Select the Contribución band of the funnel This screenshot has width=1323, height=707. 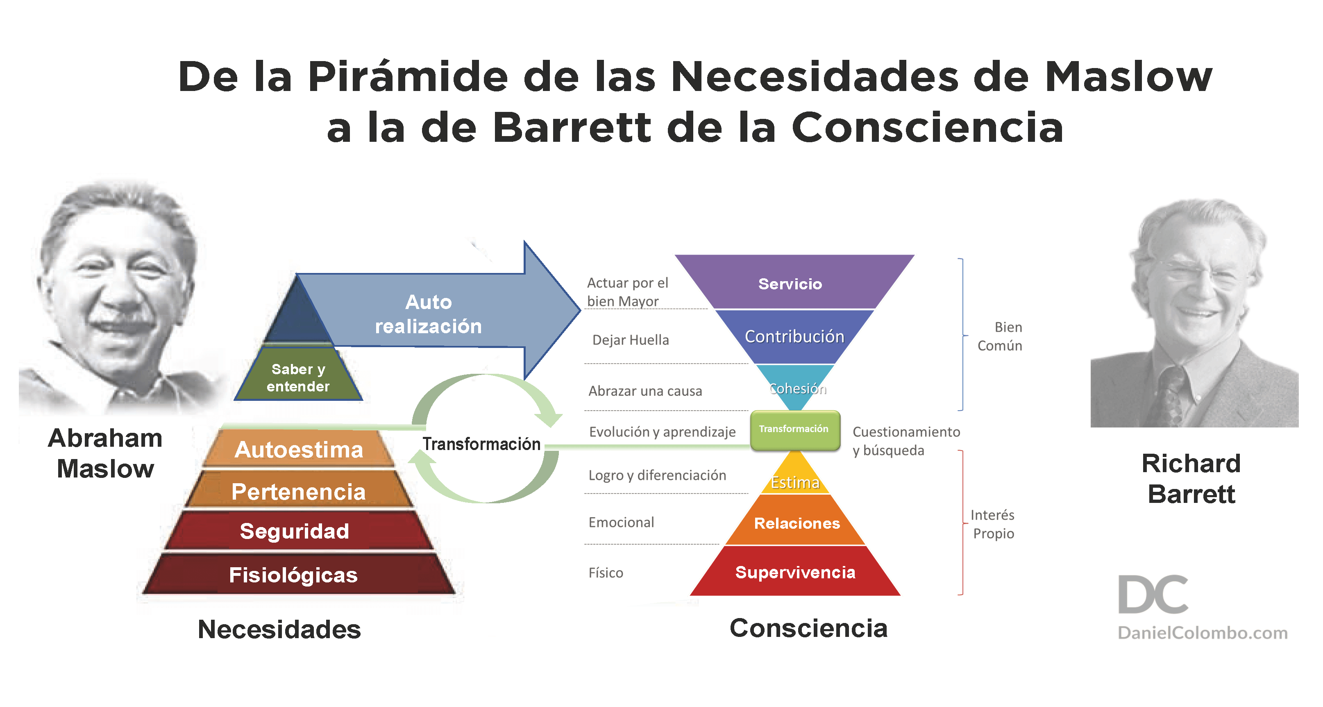(x=794, y=336)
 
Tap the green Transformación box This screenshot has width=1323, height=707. (x=794, y=430)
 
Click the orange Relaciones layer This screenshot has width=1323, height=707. (x=797, y=523)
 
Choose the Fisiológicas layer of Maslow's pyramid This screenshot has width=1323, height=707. (x=293, y=575)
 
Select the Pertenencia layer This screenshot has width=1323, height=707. (x=298, y=492)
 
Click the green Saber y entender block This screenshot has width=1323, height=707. (x=298, y=377)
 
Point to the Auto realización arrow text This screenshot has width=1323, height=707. (x=428, y=314)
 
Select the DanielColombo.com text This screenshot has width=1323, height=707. (x=1202, y=633)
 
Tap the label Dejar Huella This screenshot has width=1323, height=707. (x=631, y=340)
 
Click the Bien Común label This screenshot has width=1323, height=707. (x=1000, y=336)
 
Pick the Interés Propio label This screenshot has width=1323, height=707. (x=993, y=524)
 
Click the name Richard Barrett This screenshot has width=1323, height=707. (x=1191, y=479)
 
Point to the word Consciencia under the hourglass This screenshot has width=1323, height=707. (x=808, y=628)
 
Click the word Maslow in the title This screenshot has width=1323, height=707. (x=1128, y=77)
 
